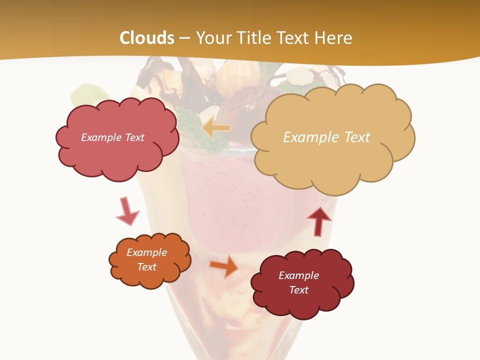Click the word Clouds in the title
tap(147, 38)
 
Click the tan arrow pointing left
tap(216, 128)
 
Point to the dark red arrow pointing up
tap(318, 221)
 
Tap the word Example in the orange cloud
tap(146, 252)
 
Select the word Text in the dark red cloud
tap(298, 290)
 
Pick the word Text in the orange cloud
tap(146, 267)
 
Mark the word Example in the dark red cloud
tap(298, 275)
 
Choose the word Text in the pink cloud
tap(134, 137)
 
